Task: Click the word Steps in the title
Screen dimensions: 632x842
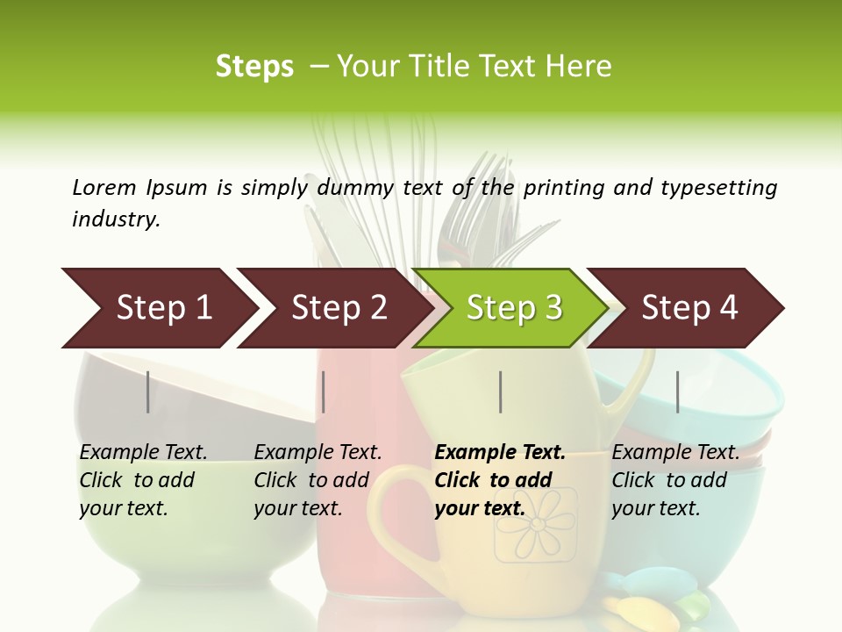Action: click(254, 67)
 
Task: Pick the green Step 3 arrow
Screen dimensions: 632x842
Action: click(514, 308)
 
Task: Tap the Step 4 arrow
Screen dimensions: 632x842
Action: click(689, 308)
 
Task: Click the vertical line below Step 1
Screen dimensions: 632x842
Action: click(148, 391)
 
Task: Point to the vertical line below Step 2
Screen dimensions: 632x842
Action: click(324, 391)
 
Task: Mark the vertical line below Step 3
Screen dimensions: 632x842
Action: click(501, 391)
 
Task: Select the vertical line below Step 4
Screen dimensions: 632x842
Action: click(678, 391)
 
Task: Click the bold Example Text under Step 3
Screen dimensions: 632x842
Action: click(500, 453)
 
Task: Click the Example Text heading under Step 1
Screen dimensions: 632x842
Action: click(143, 453)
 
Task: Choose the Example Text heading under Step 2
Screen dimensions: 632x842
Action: click(318, 453)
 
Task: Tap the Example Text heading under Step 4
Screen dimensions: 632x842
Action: click(675, 453)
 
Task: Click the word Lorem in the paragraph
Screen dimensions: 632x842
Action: click(104, 187)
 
